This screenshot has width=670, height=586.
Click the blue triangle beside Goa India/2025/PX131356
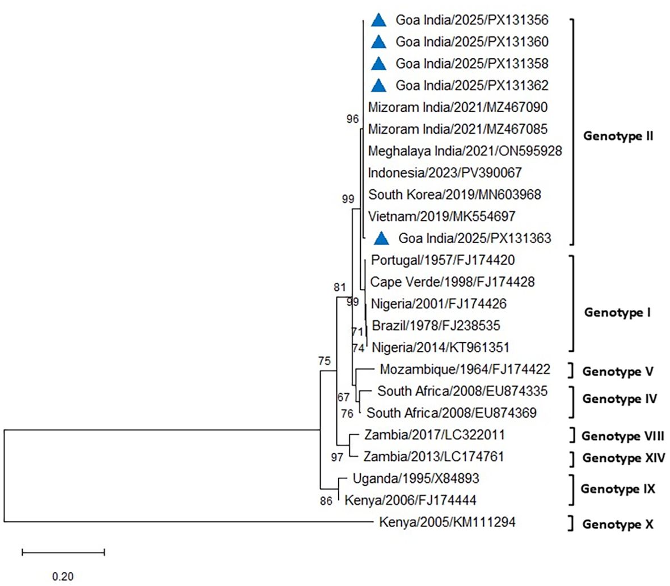378,20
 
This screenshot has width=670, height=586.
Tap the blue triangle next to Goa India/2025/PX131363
382,239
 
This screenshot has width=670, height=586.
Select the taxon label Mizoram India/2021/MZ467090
458,108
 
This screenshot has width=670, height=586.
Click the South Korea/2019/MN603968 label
454,195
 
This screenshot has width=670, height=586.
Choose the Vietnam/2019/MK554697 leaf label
441,216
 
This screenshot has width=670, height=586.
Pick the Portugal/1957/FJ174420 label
443,261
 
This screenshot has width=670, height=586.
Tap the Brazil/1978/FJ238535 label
436,326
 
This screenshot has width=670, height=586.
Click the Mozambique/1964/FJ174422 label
465,370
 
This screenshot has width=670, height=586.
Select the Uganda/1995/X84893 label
416,479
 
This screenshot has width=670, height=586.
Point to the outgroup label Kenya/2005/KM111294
447,522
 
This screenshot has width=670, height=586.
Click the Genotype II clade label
618,137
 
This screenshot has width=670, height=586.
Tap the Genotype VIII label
623,436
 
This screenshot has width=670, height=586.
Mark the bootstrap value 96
353,119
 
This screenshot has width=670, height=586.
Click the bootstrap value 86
326,501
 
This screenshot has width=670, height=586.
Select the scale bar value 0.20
63,576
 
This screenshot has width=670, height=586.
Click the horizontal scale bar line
64,551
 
